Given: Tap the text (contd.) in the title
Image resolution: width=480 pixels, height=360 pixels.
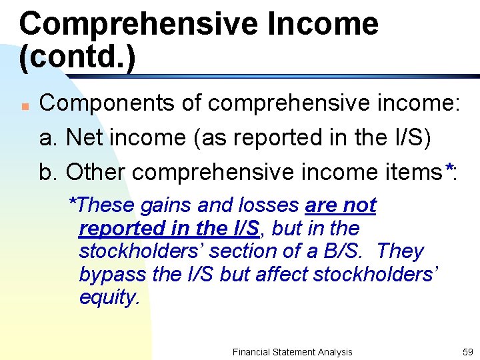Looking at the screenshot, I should (77, 57).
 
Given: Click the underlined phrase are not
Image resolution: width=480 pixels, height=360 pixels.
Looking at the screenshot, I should (341, 205).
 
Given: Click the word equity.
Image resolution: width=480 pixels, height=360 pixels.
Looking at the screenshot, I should (109, 297).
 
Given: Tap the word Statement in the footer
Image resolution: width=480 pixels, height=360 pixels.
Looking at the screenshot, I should (294, 352).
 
